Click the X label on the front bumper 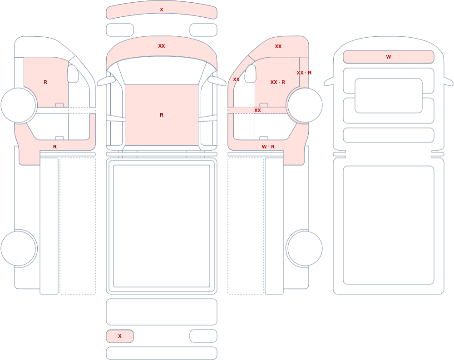(162, 10)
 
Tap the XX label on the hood (162, 46)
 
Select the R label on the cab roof (162, 115)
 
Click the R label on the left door (45, 82)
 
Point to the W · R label (268, 147)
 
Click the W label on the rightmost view (389, 57)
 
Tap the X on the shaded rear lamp (120, 336)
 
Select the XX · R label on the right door (278, 82)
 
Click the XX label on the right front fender (278, 46)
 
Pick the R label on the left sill (55, 147)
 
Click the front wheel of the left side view (19, 105)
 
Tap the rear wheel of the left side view (19, 248)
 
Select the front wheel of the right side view (304, 105)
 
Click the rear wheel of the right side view (304, 248)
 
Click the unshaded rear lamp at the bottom (203, 336)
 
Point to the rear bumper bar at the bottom (162, 353)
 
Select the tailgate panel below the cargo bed (162, 312)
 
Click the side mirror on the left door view (73, 74)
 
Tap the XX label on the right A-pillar (236, 79)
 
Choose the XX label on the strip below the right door (258, 110)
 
